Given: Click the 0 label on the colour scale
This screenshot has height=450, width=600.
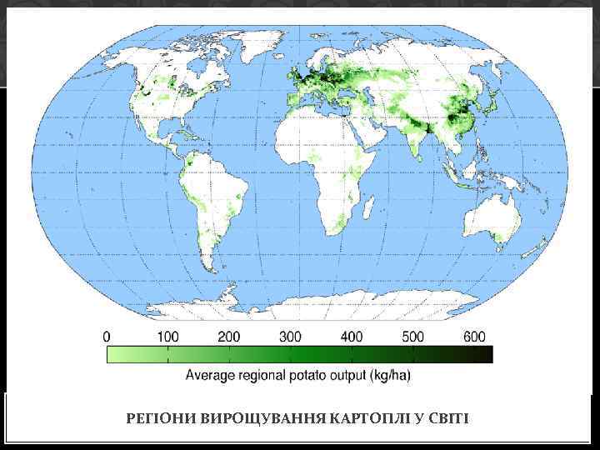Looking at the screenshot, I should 106,337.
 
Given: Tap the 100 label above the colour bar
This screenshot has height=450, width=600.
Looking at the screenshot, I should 167,337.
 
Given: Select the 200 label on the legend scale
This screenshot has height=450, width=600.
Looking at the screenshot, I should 229,337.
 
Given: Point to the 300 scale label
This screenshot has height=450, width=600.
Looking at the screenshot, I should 290,337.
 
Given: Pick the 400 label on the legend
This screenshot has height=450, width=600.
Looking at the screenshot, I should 352,337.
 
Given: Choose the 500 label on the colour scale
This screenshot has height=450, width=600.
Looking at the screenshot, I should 413,337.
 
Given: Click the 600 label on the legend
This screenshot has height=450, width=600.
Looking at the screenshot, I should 473,337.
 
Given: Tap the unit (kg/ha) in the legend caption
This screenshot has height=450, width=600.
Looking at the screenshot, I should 389,375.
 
